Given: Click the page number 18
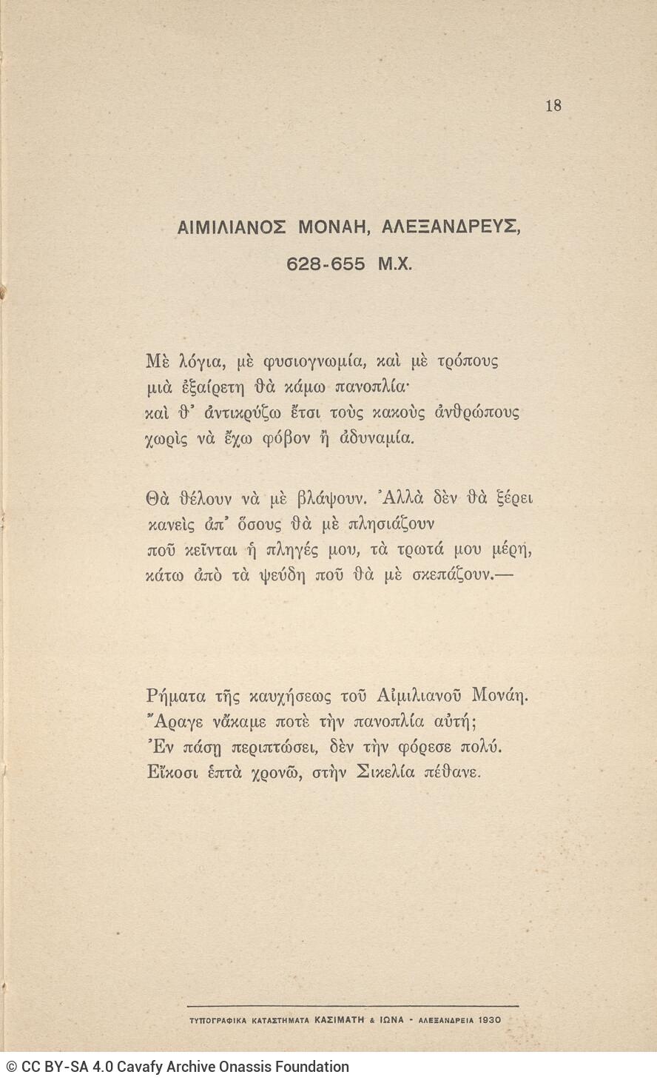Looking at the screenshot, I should tap(553, 105).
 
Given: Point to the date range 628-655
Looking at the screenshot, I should tap(326, 264).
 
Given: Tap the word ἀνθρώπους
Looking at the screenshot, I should tap(476, 412).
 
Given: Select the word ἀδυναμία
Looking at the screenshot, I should tap(377, 437).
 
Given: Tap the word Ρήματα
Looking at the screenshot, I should tap(176, 696).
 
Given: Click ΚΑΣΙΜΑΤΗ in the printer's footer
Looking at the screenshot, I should tap(339, 1019).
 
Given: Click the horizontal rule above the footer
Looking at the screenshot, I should tap(352, 1006).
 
